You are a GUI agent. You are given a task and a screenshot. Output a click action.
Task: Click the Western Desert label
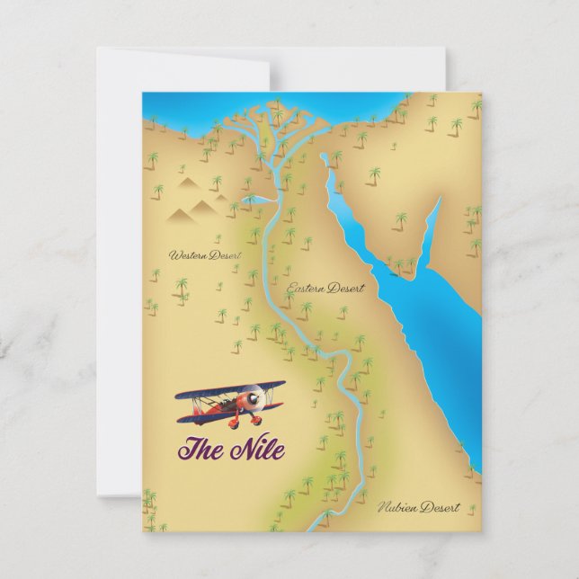coord(199,255)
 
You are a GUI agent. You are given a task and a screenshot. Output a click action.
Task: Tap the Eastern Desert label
coord(325,289)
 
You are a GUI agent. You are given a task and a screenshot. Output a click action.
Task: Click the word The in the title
coord(200,446)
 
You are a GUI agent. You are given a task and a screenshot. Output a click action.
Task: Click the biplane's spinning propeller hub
coord(256,396)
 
